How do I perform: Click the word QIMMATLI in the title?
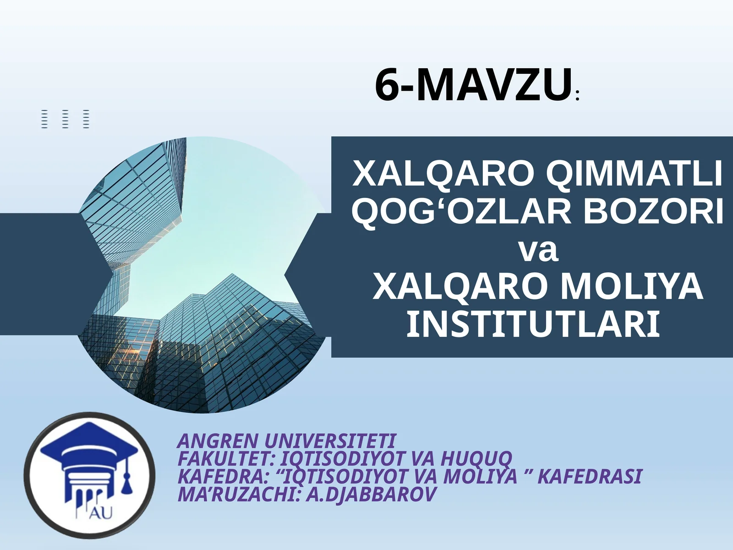click(634, 174)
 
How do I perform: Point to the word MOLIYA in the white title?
click(632, 287)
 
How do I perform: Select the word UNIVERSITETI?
click(330, 441)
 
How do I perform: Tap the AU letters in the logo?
click(100, 513)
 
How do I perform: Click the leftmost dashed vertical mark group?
click(44, 119)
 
